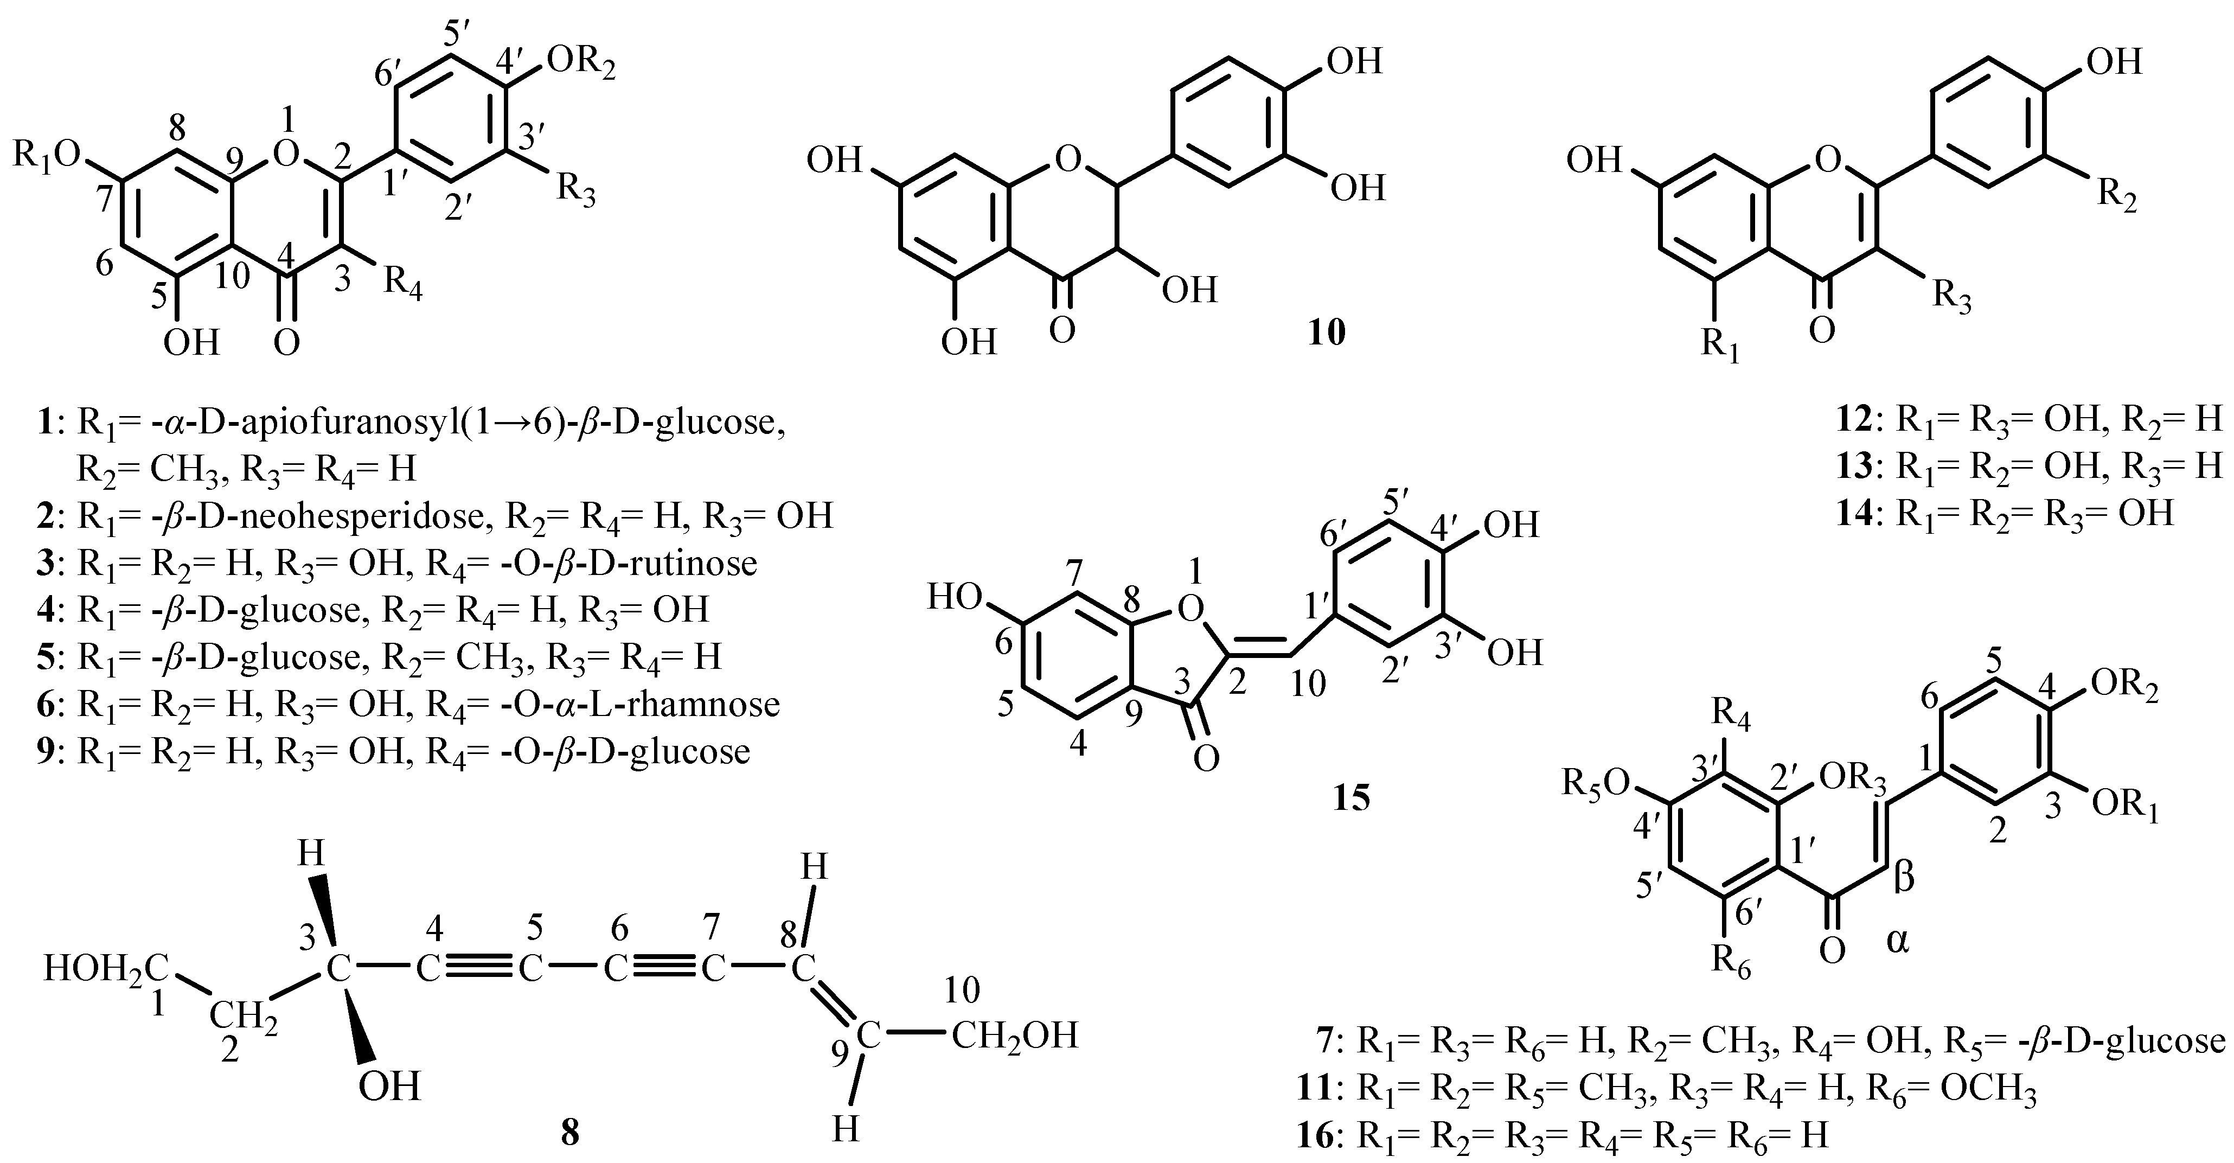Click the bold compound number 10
click(1327, 331)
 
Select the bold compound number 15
click(1351, 797)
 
